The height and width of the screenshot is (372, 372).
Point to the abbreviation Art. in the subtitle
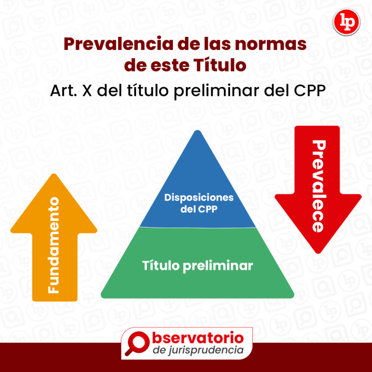(63, 91)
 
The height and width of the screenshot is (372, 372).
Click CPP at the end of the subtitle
(307, 91)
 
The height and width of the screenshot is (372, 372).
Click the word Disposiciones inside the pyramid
(199, 198)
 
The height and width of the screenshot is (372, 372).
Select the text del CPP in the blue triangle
(199, 209)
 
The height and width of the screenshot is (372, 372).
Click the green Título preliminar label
(197, 266)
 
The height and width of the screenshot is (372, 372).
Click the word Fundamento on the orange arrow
(54, 245)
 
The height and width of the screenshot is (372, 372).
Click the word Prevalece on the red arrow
(318, 186)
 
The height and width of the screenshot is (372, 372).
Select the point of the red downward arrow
(318, 251)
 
